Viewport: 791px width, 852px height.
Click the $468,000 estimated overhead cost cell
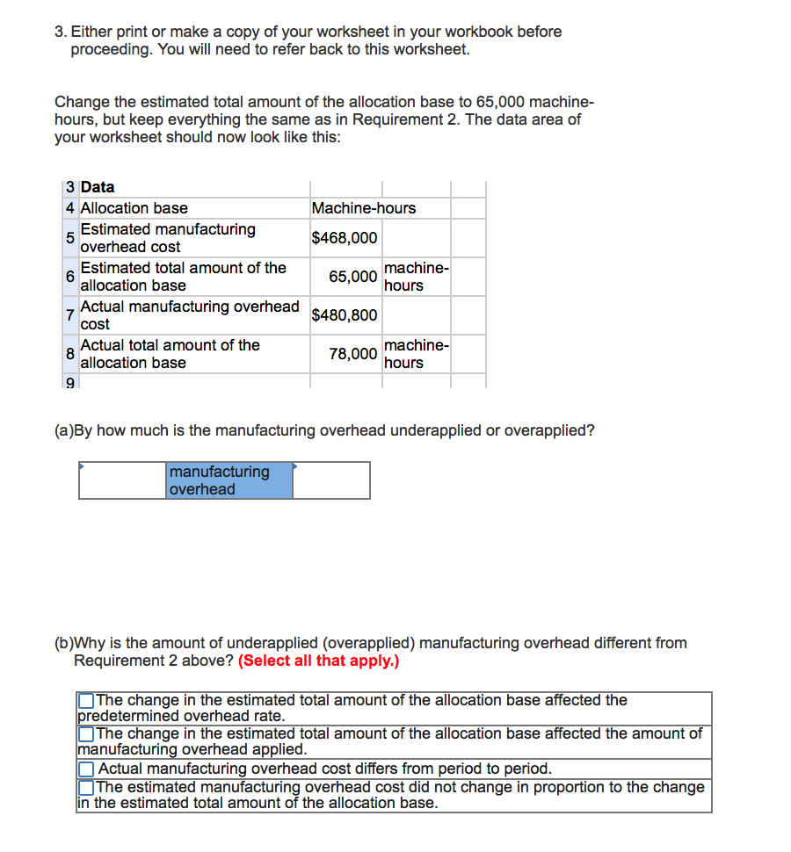(345, 238)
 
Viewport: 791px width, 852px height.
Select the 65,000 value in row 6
(353, 277)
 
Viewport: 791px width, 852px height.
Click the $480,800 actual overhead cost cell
(345, 315)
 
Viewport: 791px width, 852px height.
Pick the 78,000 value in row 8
(353, 354)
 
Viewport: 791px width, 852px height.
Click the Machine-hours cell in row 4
(364, 208)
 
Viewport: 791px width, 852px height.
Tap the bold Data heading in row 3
(98, 187)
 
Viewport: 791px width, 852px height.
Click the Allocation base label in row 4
(134, 208)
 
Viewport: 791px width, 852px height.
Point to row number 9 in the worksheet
(69, 383)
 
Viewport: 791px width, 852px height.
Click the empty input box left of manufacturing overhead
(123, 480)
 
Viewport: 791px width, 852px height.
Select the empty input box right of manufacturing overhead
(331, 480)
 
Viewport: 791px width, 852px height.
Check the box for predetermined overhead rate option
(86, 701)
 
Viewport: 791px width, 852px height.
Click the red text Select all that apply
(318, 661)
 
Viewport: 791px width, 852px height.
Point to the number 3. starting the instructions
(60, 32)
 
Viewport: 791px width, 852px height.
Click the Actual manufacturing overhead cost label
(190, 315)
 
